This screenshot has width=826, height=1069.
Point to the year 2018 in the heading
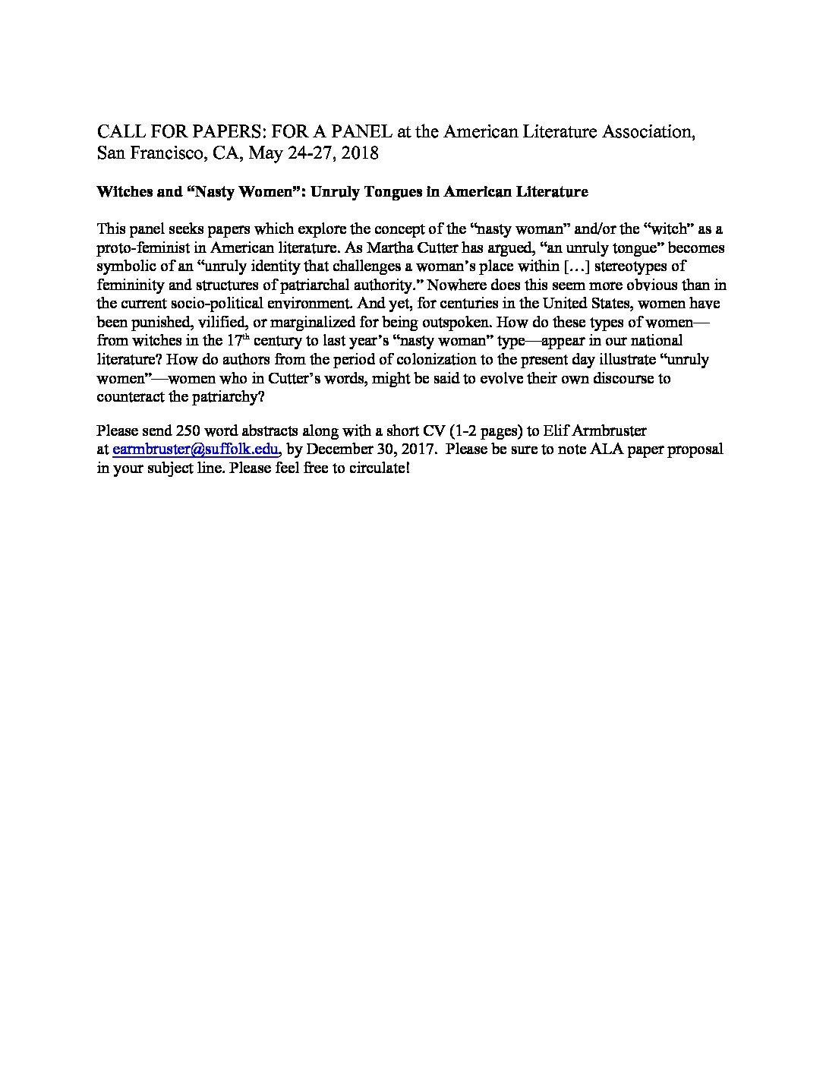pos(360,153)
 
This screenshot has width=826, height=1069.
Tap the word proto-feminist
pos(140,248)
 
